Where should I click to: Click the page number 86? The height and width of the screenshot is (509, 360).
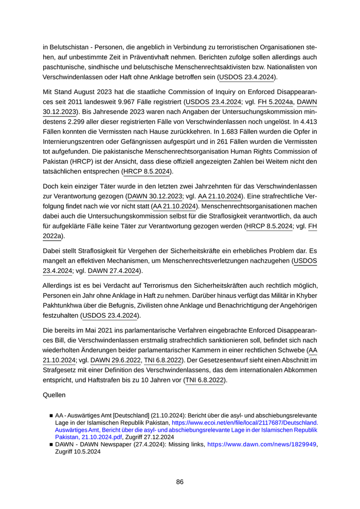[179, 482]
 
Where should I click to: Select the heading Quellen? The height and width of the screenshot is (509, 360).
[56, 397]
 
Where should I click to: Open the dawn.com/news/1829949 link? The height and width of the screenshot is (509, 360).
[262, 445]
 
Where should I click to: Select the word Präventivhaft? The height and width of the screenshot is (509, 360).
[164, 58]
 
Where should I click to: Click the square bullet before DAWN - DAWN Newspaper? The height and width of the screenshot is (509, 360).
[51, 445]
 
